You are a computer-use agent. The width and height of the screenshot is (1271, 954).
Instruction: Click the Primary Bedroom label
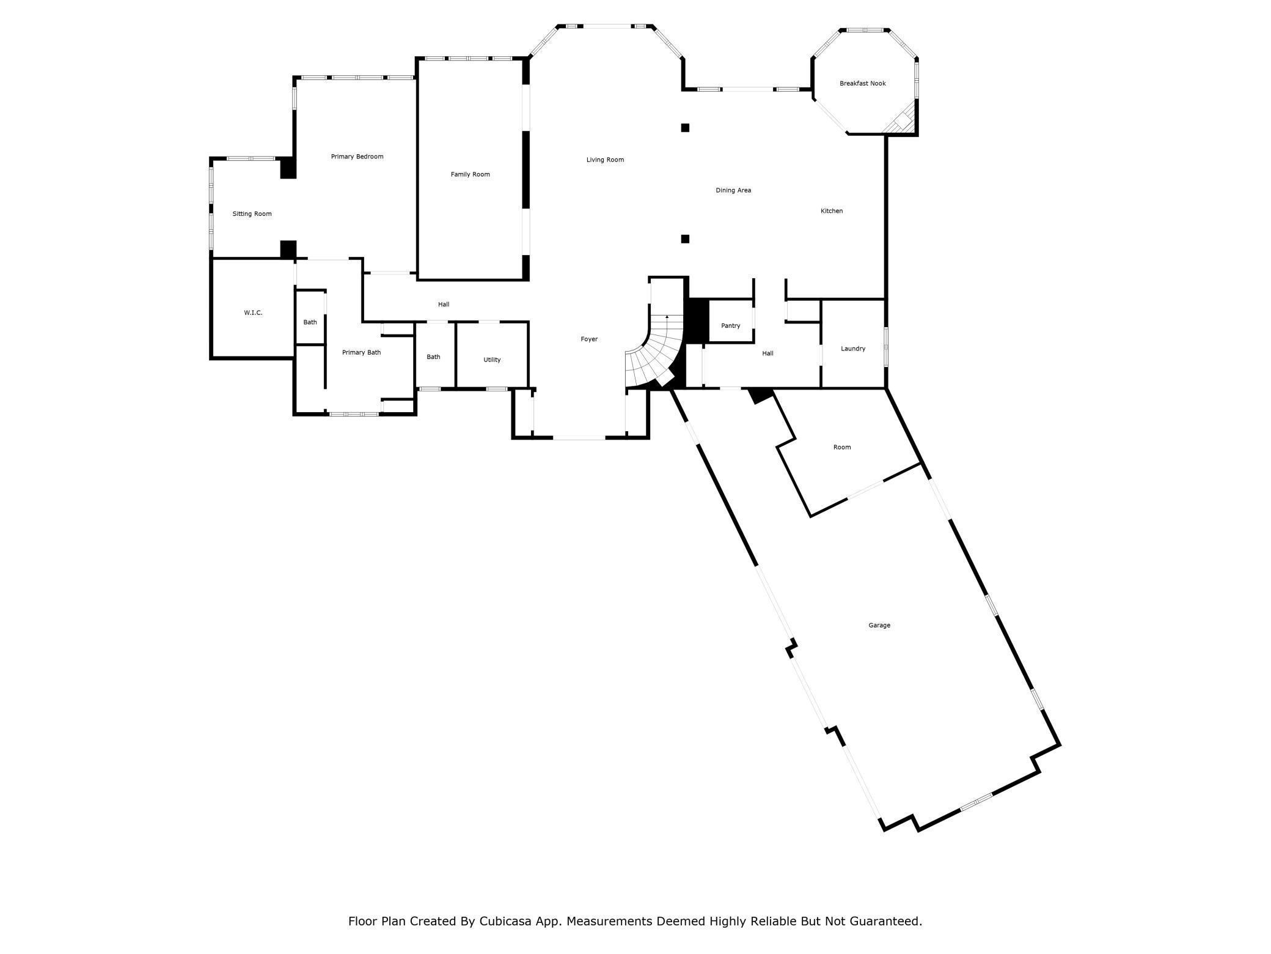tap(357, 157)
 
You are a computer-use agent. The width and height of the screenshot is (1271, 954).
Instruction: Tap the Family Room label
tap(470, 174)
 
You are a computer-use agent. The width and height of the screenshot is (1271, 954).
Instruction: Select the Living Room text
tap(605, 160)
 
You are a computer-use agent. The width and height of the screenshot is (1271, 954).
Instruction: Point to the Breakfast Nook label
tap(862, 83)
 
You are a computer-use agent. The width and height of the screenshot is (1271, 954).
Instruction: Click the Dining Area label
tap(733, 190)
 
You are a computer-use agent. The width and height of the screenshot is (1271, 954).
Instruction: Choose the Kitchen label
tap(831, 211)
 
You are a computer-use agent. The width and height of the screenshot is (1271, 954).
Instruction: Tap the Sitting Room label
tap(252, 214)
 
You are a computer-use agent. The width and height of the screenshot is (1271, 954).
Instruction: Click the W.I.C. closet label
tap(253, 312)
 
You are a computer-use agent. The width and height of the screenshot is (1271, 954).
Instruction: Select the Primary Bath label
tap(361, 352)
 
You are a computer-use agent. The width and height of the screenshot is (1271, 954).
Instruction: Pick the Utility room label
tap(492, 360)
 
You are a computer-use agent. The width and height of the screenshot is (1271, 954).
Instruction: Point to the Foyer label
tap(589, 339)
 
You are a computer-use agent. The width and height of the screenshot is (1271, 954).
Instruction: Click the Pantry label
tap(730, 325)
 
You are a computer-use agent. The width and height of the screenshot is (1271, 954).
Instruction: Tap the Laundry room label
tap(852, 349)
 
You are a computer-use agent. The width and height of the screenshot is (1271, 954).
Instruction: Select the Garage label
tap(879, 625)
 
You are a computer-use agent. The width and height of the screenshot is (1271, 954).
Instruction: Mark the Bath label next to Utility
tap(433, 357)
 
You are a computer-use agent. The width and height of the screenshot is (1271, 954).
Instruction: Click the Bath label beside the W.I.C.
tap(310, 322)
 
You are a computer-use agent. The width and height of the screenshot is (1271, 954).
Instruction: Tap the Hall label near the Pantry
tap(767, 353)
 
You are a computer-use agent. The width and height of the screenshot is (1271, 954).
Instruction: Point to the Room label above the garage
tap(841, 447)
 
